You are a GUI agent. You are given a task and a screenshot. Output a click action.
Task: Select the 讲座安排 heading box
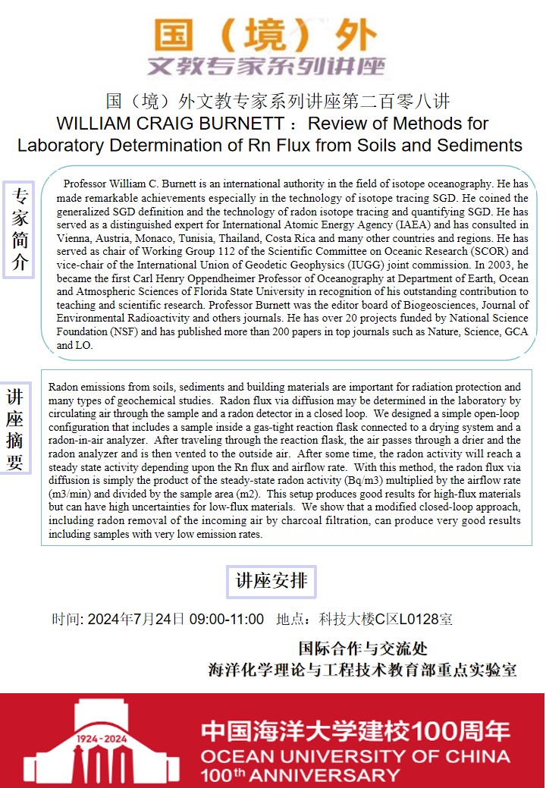coord(271,582)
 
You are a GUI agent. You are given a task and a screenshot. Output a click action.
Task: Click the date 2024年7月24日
coord(136,619)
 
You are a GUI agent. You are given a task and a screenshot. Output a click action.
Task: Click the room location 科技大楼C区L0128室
coord(387,619)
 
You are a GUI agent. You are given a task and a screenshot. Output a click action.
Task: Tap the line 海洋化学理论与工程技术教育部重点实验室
coord(362,670)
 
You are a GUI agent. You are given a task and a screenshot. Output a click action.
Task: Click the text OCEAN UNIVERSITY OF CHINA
coord(355,756)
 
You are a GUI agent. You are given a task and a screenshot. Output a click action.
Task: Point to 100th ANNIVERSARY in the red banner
coord(300,774)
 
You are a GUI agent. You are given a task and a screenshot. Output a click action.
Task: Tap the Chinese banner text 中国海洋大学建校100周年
coord(355,732)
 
